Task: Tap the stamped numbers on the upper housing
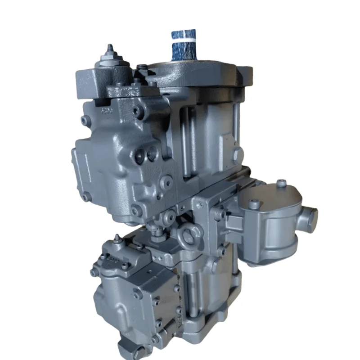106,110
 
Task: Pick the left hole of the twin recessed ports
141,156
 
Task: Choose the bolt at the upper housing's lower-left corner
85,197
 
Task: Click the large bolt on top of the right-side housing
255,204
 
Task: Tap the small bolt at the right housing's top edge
282,183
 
